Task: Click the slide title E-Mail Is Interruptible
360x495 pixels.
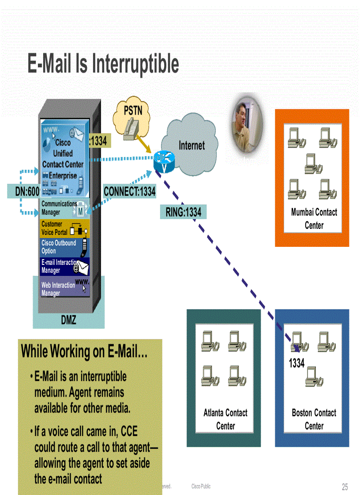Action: point(103,64)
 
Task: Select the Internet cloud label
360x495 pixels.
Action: point(191,145)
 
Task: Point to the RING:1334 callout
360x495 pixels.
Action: point(183,212)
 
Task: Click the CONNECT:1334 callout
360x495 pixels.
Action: point(129,191)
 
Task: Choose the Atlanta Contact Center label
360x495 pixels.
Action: point(225,419)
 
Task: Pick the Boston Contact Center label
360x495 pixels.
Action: point(314,419)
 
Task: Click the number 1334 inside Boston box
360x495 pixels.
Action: point(296,364)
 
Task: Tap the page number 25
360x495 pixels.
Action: point(345,487)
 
